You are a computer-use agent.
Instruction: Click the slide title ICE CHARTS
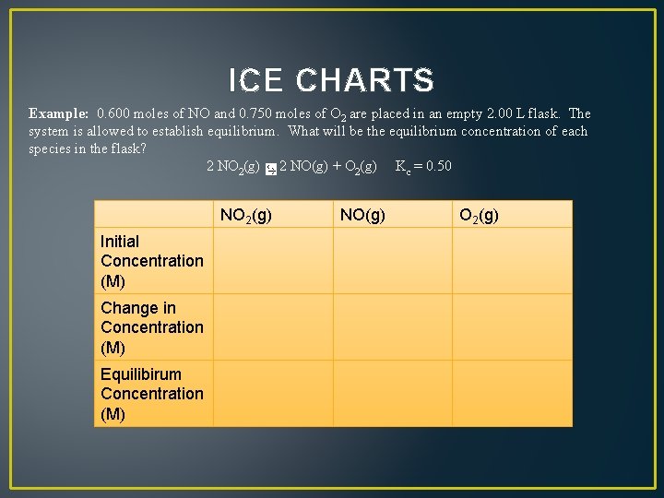tap(331, 81)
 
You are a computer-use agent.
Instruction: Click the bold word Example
tap(58, 114)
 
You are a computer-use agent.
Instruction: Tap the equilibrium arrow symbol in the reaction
tap(269, 169)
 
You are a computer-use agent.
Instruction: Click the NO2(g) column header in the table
tap(246, 216)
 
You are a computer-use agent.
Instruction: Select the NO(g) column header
tap(363, 216)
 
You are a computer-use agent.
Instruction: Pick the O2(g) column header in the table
tap(479, 216)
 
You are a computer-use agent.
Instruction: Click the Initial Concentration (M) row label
tap(152, 261)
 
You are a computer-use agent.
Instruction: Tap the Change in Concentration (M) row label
tap(152, 327)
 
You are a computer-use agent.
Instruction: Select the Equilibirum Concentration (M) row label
tap(152, 394)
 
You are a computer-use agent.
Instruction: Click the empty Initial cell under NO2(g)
tap(273, 261)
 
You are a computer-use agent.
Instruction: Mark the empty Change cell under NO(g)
tap(392, 327)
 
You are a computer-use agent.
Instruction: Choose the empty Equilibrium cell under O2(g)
tap(512, 394)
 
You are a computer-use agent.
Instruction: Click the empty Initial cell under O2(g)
tap(512, 261)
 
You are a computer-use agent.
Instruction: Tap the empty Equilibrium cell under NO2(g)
tap(273, 394)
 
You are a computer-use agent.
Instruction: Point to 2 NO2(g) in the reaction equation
tap(231, 167)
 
